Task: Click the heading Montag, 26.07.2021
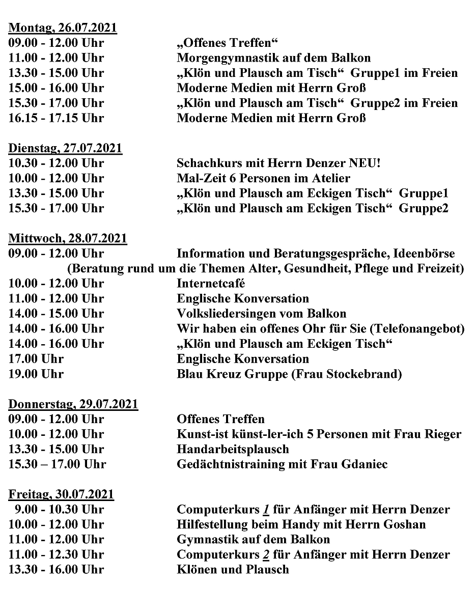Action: pyautogui.click(x=63, y=27)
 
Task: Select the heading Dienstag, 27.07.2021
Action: pyautogui.click(x=66, y=148)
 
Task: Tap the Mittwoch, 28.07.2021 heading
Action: pyautogui.click(x=68, y=238)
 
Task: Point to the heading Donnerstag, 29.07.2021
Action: pyautogui.click(x=73, y=404)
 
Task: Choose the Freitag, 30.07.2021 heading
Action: pyautogui.click(x=62, y=494)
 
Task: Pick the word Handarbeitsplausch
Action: pyautogui.click(x=233, y=450)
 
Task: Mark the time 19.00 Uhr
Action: pyautogui.click(x=36, y=374)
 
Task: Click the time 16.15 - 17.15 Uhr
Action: pyautogui.click(x=56, y=118)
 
